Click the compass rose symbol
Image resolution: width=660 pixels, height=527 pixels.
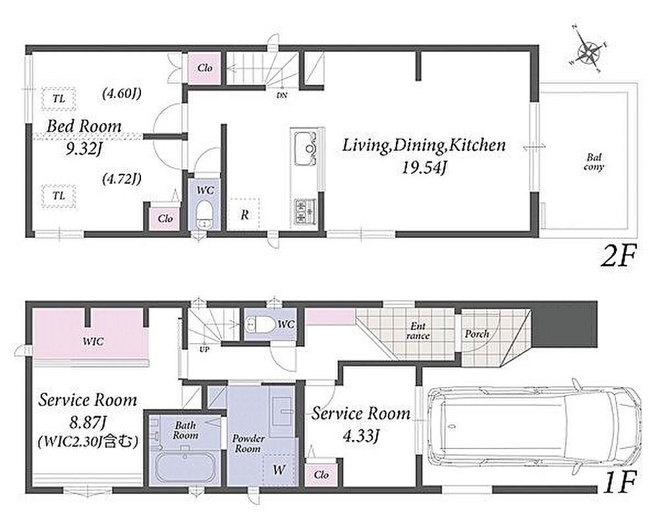pyautogui.click(x=588, y=49)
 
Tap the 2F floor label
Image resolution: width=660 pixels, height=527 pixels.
pyautogui.click(x=617, y=256)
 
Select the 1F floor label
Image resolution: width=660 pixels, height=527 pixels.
pyautogui.click(x=619, y=484)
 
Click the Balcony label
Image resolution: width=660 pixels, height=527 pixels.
pyautogui.click(x=594, y=162)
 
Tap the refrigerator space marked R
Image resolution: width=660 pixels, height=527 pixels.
pyautogui.click(x=244, y=214)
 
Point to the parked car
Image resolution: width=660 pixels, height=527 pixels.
pyautogui.click(x=533, y=426)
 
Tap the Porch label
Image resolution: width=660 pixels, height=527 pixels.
pyautogui.click(x=477, y=334)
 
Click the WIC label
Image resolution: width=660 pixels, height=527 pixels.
pyautogui.click(x=93, y=341)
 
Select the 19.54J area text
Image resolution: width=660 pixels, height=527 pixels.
pyautogui.click(x=424, y=168)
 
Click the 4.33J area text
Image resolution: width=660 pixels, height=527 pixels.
pyautogui.click(x=361, y=436)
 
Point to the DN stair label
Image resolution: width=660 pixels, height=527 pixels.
pyautogui.click(x=282, y=96)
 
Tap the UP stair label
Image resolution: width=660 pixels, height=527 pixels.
pyautogui.click(x=204, y=349)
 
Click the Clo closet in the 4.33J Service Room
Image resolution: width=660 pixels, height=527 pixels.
pyautogui.click(x=321, y=475)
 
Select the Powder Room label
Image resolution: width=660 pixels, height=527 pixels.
pyautogui.click(x=248, y=443)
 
